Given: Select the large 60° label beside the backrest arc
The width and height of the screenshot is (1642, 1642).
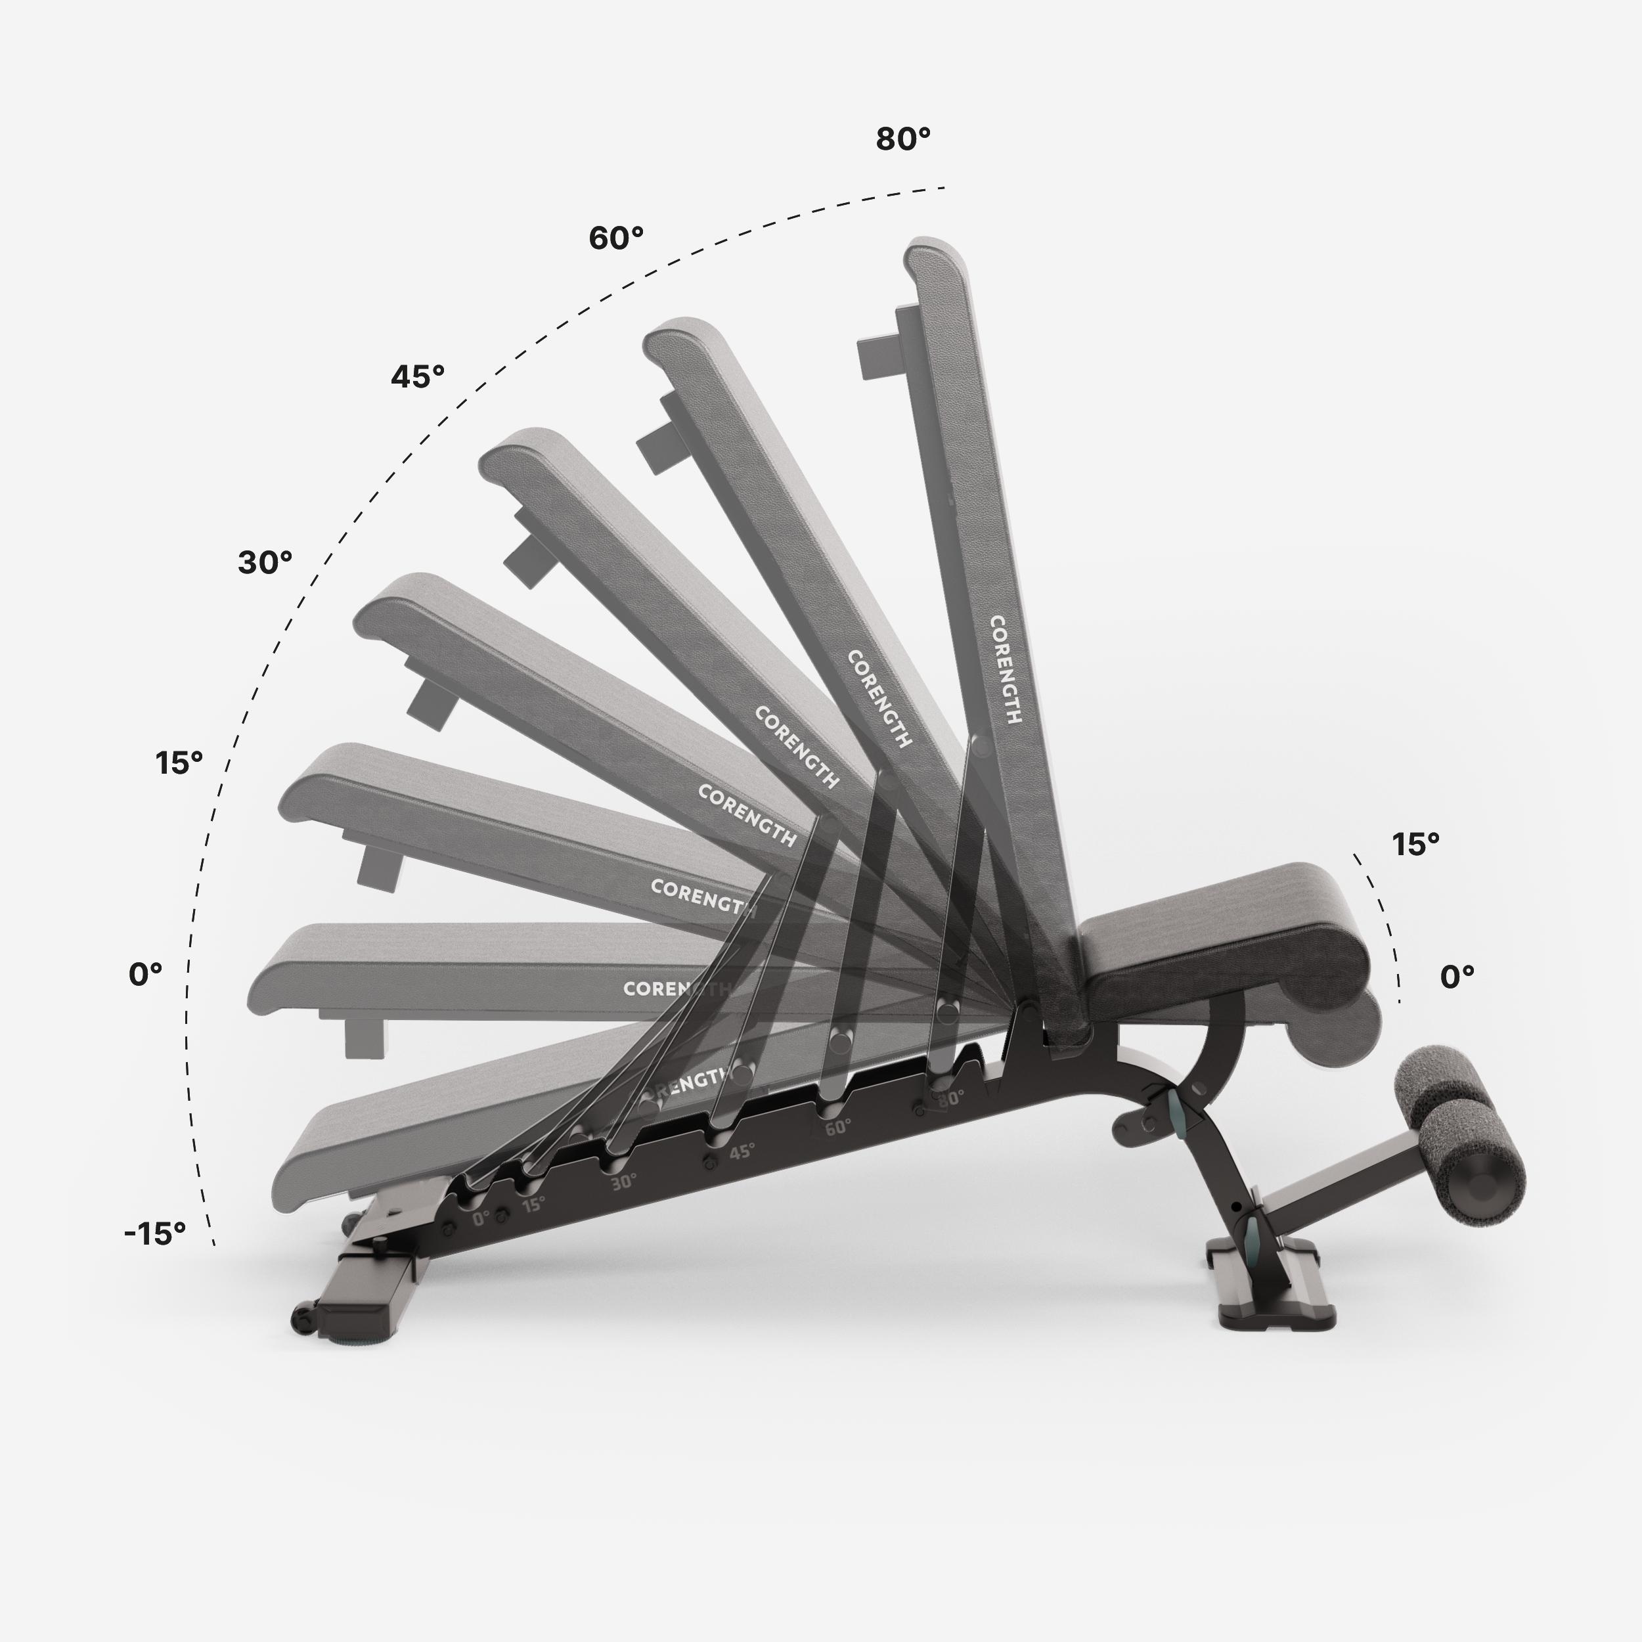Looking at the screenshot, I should pos(615,238).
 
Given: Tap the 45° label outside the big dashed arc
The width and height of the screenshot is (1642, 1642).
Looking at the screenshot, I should pos(417,376).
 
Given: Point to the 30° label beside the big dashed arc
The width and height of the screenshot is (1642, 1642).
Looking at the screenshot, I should pos(264,563).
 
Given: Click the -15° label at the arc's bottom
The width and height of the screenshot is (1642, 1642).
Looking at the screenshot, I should pos(155,1233).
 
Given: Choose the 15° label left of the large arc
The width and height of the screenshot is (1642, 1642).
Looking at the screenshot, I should pos(179,763).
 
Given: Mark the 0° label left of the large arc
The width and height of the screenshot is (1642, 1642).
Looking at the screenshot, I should pos(145,975).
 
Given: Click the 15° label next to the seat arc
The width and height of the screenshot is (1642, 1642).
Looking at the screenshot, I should pos(1415,844).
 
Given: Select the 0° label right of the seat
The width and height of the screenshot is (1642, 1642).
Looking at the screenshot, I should pos(1457,977).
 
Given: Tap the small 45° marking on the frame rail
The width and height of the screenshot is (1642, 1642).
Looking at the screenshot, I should pos(741,1151).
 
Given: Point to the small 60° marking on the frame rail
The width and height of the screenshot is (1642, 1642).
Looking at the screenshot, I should pos(837,1128).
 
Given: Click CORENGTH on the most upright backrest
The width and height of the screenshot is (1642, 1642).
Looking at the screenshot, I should pos(1005,671).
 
